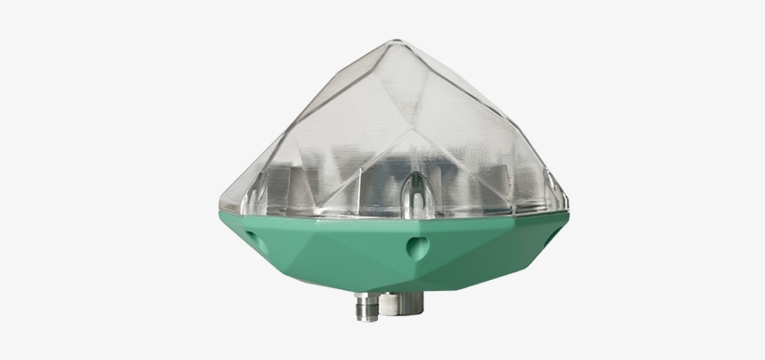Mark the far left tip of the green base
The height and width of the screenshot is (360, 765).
click(220, 216)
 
